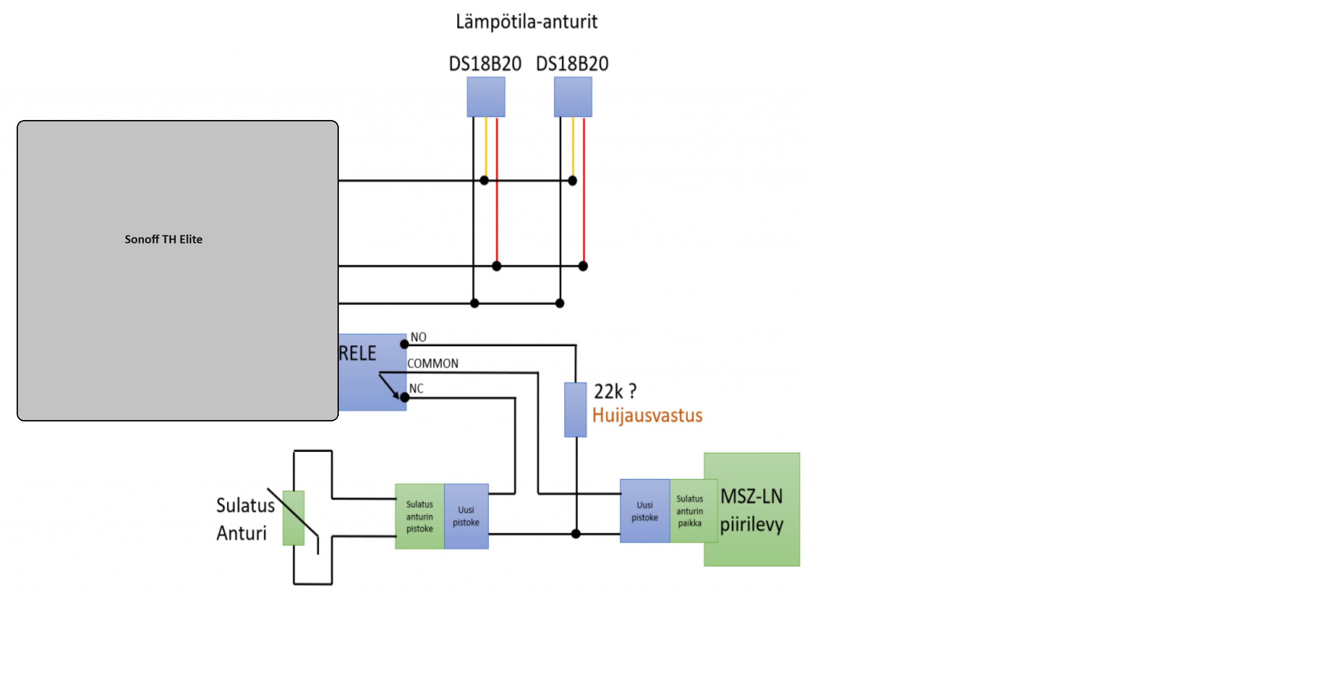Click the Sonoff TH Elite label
[x=163, y=239]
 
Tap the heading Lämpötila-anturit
[x=526, y=22]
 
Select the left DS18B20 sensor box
[x=486, y=97]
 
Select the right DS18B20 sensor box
[x=573, y=97]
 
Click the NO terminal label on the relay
[x=418, y=337]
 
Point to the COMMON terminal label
[x=432, y=364]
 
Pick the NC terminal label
[x=416, y=389]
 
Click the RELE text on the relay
[x=357, y=354]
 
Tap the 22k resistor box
[x=575, y=410]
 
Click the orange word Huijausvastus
[x=647, y=415]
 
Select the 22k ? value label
[x=615, y=392]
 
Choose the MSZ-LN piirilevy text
[x=751, y=510]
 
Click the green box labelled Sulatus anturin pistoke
[x=419, y=516]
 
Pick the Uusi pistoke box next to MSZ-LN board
[x=644, y=511]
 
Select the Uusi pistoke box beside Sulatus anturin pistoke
[x=466, y=516]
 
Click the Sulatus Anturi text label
[x=245, y=519]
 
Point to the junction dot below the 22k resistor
[x=576, y=534]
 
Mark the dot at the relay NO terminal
[x=404, y=344]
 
